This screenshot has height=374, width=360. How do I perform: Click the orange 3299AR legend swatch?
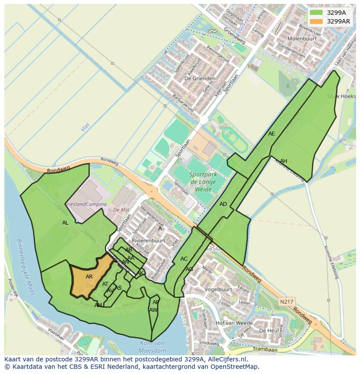click(317, 21)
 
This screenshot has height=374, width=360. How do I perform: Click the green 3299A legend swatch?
click(317, 13)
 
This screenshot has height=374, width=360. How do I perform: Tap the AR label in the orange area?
click(89, 277)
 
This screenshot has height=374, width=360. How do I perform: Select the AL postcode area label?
click(65, 223)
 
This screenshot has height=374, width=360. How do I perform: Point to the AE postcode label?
click(272, 134)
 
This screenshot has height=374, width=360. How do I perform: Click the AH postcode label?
click(283, 161)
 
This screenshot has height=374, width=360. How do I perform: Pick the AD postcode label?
click(223, 204)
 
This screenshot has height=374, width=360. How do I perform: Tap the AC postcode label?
click(184, 259)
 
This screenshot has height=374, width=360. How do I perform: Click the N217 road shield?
click(286, 301)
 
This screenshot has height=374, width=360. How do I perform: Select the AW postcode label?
click(153, 310)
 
